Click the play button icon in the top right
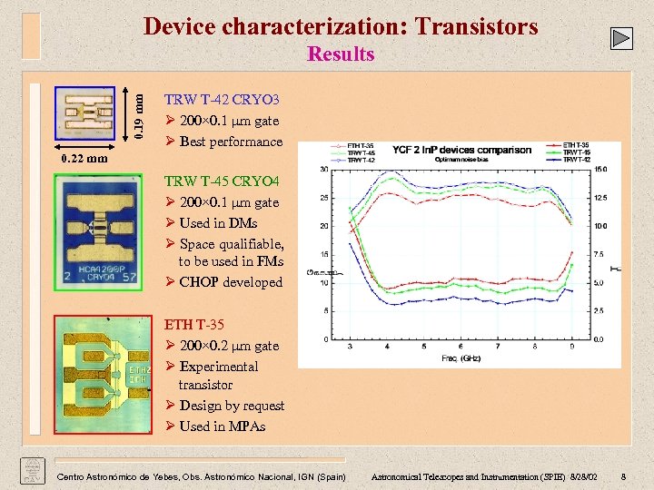click(x=621, y=38)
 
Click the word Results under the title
click(x=341, y=54)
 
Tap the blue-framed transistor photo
click(x=84, y=114)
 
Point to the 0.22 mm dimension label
click(x=84, y=159)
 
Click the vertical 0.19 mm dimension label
click(x=136, y=112)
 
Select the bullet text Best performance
click(x=231, y=142)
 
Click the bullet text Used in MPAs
click(x=222, y=426)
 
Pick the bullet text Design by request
click(x=232, y=406)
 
